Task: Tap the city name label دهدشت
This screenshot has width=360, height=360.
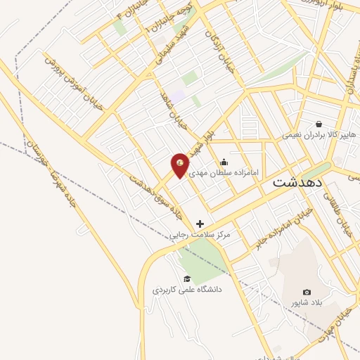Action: [x=297, y=181]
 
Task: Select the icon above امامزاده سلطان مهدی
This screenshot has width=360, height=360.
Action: [x=224, y=162]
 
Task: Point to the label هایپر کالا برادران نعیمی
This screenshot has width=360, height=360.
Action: [x=320, y=134]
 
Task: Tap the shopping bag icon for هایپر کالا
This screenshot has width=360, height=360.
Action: [x=319, y=124]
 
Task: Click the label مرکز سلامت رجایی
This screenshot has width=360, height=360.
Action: [x=200, y=235]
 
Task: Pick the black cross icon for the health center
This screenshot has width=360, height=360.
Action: [x=200, y=224]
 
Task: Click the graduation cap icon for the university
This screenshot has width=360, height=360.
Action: [x=186, y=278]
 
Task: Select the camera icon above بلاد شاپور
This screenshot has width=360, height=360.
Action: [x=307, y=292]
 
